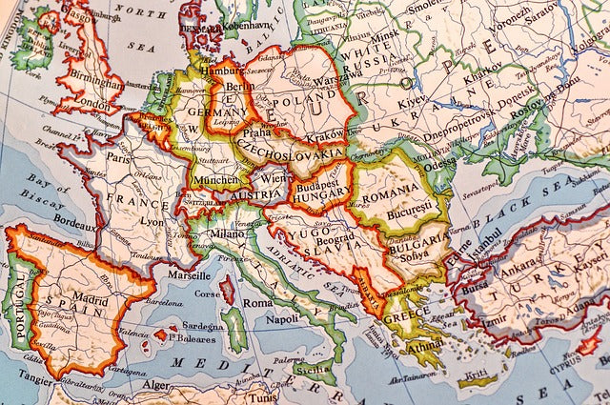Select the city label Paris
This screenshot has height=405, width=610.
(x=118, y=159)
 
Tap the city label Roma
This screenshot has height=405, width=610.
(x=257, y=302)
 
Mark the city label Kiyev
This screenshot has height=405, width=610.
(x=411, y=100)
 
